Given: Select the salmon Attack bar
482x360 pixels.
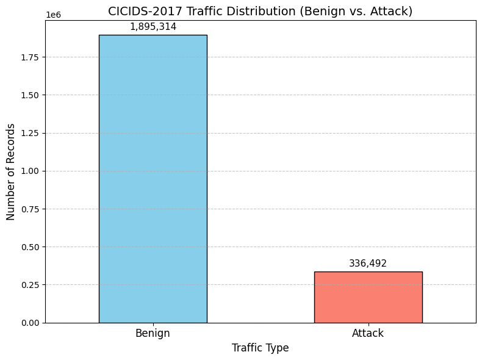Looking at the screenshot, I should coord(368,297).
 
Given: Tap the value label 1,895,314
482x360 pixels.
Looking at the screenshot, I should coord(153,27).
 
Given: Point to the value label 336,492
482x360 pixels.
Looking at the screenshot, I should coord(368,264).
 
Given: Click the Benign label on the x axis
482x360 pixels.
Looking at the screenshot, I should coord(153,333).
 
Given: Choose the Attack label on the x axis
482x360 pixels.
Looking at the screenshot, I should coord(368,333).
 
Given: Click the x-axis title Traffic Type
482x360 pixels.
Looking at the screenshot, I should coord(261,348).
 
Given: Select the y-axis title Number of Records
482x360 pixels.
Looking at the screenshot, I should coord(10,171).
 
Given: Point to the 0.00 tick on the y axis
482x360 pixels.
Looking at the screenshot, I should coord(30,323).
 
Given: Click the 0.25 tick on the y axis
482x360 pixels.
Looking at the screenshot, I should coord(30,285).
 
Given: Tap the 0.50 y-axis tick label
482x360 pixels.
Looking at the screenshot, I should coord(30,247).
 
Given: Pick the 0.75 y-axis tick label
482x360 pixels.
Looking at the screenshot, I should coord(30,209).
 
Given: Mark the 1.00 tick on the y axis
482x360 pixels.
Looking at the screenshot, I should coord(30,171).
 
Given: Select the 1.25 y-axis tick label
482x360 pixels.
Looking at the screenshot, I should coord(30,134).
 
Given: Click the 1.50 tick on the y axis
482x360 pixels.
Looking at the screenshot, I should coord(30,96).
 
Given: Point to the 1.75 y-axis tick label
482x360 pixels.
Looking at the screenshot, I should coord(30,57).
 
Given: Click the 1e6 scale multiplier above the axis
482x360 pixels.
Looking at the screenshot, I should coord(53,15).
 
